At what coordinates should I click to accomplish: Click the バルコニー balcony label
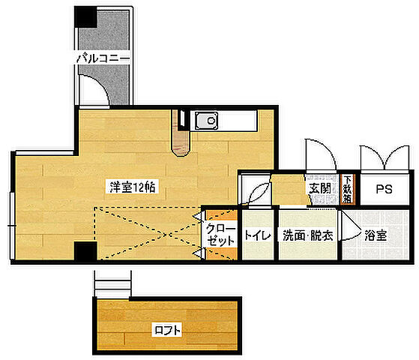pyautogui.click(x=103, y=58)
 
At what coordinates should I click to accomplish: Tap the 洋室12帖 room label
pyautogui.click(x=132, y=187)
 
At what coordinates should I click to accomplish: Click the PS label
pyautogui.click(x=384, y=189)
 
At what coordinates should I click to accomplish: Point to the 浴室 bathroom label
pyautogui.click(x=376, y=235)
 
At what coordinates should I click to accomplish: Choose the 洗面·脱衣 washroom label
pyautogui.click(x=308, y=235)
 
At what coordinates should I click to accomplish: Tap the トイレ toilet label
pyautogui.click(x=258, y=235)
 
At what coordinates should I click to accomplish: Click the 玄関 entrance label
pyautogui.click(x=319, y=188)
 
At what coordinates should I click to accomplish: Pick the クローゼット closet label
pyautogui.click(x=221, y=235)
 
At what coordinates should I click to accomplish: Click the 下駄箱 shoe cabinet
pyautogui.click(x=347, y=189)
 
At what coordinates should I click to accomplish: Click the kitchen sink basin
pyautogui.click(x=206, y=121)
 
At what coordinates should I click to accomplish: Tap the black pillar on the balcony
pyautogui.click(x=85, y=16)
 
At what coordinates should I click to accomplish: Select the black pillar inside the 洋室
pyautogui.click(x=85, y=251)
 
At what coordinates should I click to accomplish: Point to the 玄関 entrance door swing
pyautogui.click(x=321, y=154)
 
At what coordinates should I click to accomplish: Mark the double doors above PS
pyautogui.click(x=385, y=157)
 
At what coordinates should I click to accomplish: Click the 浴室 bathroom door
pyautogui.click(x=349, y=226)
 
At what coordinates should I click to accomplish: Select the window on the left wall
pyautogui.click(x=12, y=226)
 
